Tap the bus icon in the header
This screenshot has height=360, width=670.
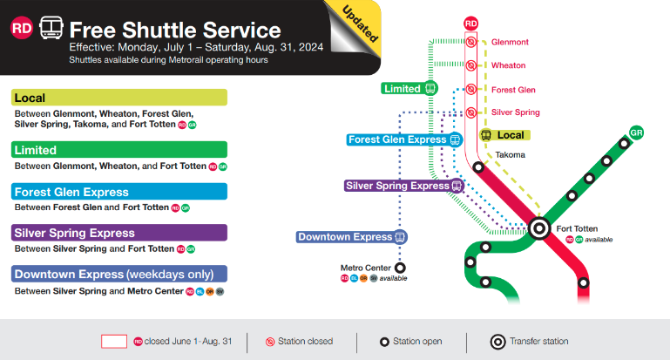point(51,28)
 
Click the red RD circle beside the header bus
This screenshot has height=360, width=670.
point(22,28)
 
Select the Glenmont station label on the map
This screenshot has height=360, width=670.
point(510,42)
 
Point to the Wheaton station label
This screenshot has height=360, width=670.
point(509,65)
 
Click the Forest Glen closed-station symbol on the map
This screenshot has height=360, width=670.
point(470,89)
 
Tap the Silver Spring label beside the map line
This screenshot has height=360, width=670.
point(515,112)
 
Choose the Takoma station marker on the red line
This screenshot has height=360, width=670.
point(478,167)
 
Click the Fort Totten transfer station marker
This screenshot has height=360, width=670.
point(539,228)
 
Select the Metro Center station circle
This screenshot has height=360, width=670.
point(400,268)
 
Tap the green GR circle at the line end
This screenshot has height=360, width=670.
point(636,132)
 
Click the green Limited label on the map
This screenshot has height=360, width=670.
point(409,89)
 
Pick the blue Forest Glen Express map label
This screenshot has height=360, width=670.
point(404,139)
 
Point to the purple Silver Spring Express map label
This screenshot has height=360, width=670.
point(404,186)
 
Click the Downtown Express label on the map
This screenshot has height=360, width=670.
point(352,237)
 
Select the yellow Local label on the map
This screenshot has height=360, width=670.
point(504,135)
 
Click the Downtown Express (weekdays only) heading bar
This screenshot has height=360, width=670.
point(119,274)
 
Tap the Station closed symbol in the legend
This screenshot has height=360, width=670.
point(270,342)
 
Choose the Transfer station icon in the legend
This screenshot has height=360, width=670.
point(497,342)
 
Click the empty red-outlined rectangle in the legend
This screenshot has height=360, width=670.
point(114,342)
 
